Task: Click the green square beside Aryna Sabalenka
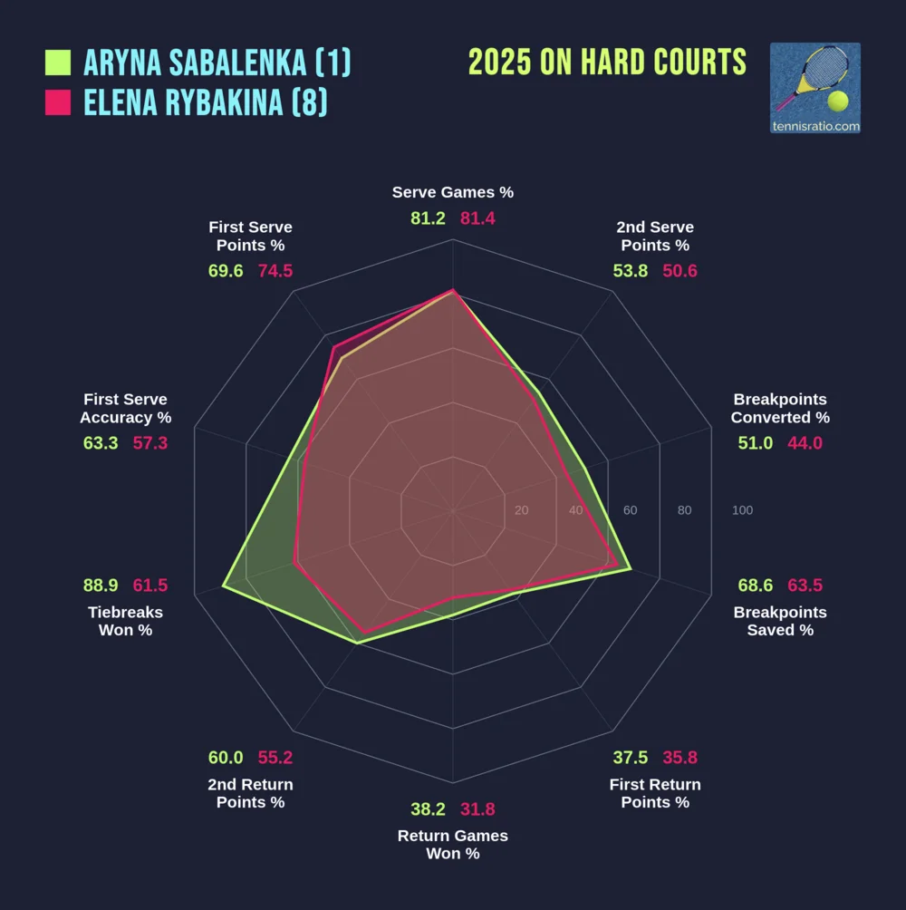58,63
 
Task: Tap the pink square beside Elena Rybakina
58,103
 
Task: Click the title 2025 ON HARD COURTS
607,63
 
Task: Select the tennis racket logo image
814,80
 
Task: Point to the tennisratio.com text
814,126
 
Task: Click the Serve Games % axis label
453,192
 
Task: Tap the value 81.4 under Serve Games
478,218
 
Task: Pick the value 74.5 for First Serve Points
275,271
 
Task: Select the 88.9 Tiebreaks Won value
101,586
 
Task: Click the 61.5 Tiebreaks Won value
150,586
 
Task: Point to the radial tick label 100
742,510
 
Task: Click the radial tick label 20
521,510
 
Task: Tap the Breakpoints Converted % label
780,408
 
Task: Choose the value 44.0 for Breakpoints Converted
805,443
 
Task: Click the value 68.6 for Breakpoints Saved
755,586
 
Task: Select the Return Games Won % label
453,844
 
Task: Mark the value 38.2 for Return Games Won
428,809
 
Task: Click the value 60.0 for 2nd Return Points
226,758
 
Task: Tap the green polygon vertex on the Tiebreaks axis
224,587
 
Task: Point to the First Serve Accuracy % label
126,408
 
